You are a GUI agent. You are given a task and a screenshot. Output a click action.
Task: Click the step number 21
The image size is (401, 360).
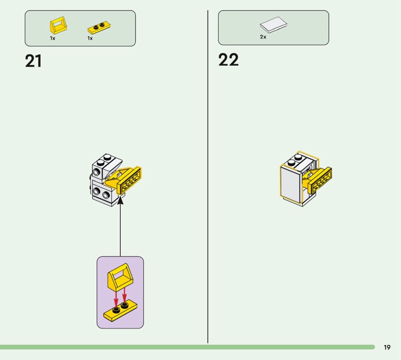33,61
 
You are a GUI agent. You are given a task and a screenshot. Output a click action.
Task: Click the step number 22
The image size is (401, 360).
229,60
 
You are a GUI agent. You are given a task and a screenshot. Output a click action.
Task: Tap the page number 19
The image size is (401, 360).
387,347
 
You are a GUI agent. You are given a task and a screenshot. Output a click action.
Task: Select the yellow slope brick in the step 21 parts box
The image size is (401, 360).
58,26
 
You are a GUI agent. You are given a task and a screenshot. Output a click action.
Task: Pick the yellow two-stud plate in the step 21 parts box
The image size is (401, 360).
99,28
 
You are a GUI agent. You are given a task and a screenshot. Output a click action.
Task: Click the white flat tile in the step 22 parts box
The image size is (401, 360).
273,25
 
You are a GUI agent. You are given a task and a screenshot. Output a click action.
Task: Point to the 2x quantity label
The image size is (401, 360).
263,37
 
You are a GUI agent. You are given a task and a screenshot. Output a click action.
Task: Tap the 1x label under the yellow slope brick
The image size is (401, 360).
53,38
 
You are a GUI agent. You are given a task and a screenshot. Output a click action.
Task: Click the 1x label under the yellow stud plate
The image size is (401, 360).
90,38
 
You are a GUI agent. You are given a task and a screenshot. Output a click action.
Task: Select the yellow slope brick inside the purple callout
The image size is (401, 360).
120,277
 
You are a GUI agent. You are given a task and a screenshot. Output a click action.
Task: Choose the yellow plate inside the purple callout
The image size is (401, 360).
120,310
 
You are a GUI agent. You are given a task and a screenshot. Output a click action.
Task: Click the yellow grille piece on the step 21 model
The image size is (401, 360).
129,181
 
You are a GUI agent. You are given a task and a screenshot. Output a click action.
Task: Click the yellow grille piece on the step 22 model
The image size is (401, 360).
320,181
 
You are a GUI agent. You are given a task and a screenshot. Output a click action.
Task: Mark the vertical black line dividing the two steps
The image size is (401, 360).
208,176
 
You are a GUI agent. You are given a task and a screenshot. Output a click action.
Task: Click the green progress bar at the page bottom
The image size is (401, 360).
187,347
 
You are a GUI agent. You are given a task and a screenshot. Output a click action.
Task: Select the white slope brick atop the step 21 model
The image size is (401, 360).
112,166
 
